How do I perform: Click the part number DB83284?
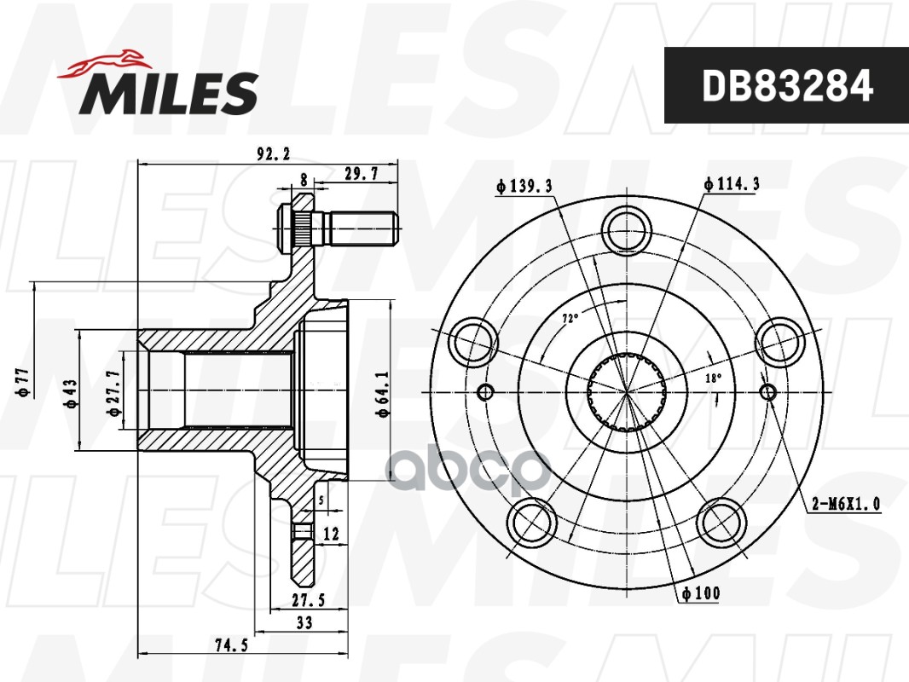(787, 86)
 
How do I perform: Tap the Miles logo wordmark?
(169, 93)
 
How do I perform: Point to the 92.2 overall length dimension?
(273, 154)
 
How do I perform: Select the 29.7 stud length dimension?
(361, 173)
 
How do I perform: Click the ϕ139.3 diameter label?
(524, 186)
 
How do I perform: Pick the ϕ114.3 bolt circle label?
(731, 183)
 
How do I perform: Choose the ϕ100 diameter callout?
(701, 592)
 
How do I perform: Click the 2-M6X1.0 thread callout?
(846, 504)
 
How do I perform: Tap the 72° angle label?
(570, 317)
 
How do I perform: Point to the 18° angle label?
(713, 379)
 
